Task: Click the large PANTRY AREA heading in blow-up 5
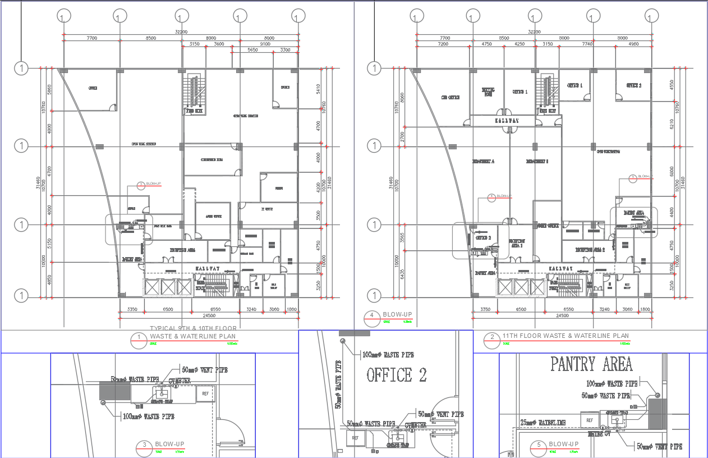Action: pyautogui.click(x=592, y=364)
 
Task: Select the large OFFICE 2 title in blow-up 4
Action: pyautogui.click(x=397, y=375)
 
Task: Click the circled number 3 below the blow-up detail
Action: pyautogui.click(x=145, y=446)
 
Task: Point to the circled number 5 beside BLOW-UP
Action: pyautogui.click(x=539, y=446)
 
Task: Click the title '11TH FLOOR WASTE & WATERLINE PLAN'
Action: pyautogui.click(x=566, y=336)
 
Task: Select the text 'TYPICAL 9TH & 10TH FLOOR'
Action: pyautogui.click(x=193, y=328)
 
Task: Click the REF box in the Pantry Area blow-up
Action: pyautogui.click(x=589, y=419)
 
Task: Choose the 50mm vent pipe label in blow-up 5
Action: pyautogui.click(x=659, y=446)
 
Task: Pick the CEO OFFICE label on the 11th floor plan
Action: pyautogui.click(x=450, y=97)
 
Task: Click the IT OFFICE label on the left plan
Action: pyautogui.click(x=267, y=209)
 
